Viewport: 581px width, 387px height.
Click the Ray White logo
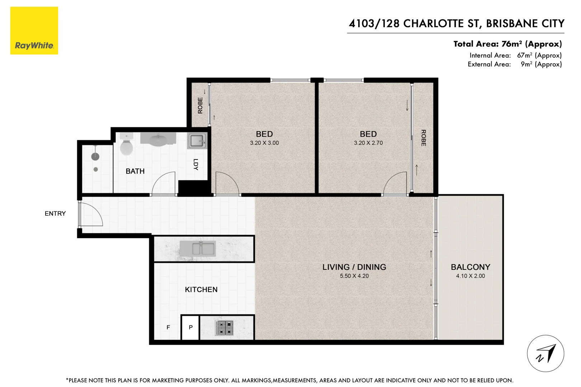tap(34, 31)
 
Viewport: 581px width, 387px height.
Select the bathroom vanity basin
tap(158, 139)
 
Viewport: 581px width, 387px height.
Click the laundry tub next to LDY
tap(197, 141)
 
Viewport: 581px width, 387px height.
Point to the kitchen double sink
tap(203, 248)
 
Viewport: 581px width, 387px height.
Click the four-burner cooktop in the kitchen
tap(225, 328)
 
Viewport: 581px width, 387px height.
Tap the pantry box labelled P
tap(190, 327)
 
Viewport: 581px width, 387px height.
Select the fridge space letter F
tap(168, 327)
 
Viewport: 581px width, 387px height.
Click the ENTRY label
tap(55, 214)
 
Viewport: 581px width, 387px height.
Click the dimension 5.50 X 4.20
tap(354, 276)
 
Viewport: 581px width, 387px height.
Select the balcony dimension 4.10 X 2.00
tap(470, 276)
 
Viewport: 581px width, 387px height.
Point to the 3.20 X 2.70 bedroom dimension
tap(368, 143)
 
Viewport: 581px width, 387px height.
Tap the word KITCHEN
tap(201, 290)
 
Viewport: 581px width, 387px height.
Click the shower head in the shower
tap(95, 156)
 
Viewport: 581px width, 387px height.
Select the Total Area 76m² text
tap(507, 44)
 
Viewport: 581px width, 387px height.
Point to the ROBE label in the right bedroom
tap(423, 138)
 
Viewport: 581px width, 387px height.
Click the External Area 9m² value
tap(541, 64)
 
